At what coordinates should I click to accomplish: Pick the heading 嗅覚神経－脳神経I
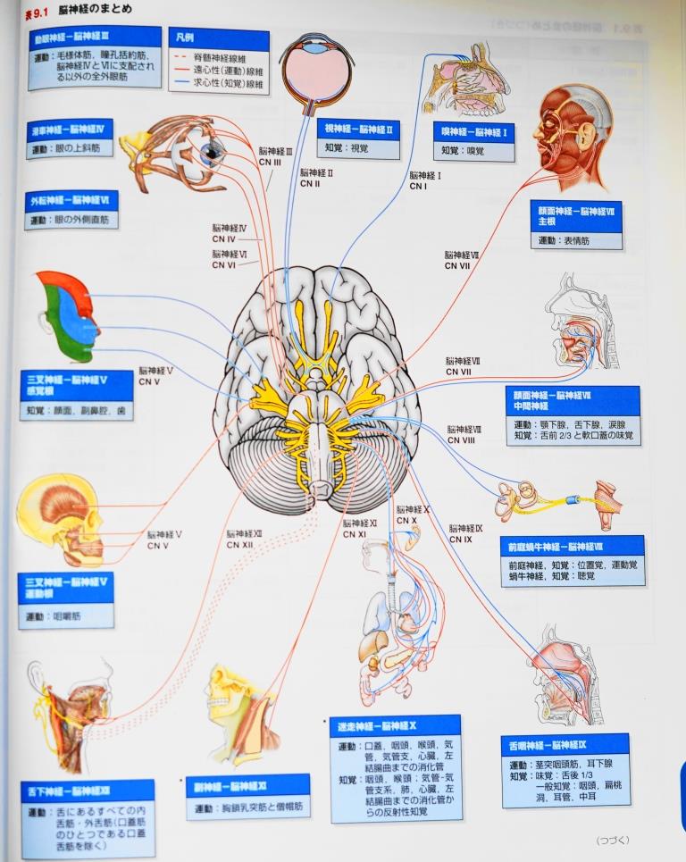[x=473, y=131]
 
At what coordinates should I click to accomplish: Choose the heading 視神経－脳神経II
[x=357, y=130]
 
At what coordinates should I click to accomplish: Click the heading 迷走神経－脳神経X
[x=393, y=724]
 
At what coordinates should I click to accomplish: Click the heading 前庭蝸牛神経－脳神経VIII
[x=572, y=546]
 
